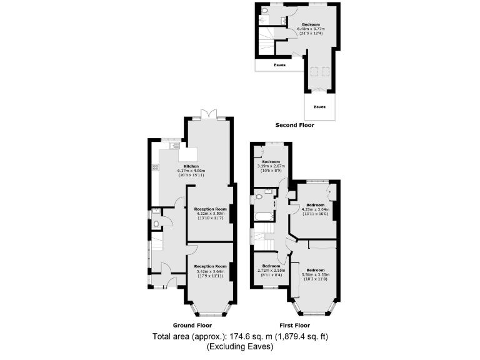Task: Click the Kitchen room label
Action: click(174, 166)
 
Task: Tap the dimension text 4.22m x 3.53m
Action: click(209, 214)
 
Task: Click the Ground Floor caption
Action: click(192, 325)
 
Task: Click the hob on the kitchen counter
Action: click(155, 167)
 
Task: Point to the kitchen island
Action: click(188, 154)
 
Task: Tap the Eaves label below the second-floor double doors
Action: click(319, 107)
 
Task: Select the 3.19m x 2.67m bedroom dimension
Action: click(271, 166)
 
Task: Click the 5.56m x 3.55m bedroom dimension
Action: click(315, 274)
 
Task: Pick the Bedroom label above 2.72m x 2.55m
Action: click(271, 265)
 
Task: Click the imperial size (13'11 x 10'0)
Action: click(315, 214)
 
